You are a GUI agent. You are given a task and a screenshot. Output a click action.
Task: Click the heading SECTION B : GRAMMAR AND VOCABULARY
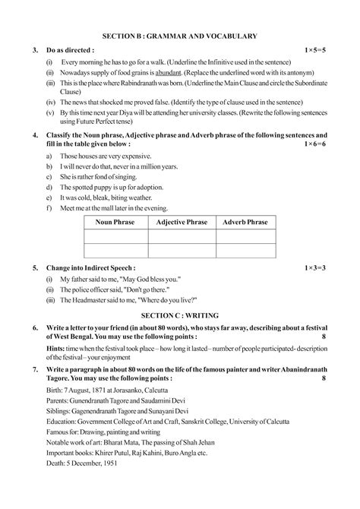[x=180, y=36]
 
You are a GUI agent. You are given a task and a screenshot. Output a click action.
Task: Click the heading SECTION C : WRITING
[x=180, y=313]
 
